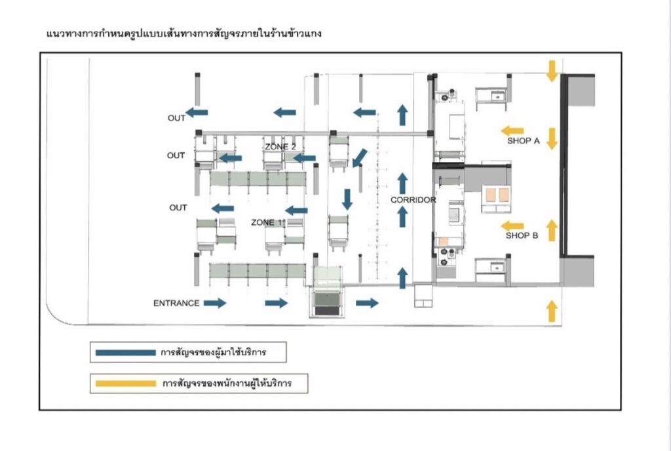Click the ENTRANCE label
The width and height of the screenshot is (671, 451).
176,304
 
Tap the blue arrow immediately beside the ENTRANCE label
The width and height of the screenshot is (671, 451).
215,303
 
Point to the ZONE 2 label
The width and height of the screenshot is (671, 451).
280,146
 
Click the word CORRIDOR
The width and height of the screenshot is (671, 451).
413,200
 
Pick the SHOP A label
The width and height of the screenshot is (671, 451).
524,141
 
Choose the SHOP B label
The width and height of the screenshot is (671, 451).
522,236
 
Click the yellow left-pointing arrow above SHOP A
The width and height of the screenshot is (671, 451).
512,130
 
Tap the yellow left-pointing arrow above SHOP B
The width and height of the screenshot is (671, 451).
512,226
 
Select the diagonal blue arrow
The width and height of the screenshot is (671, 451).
359,158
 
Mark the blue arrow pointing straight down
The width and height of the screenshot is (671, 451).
347,199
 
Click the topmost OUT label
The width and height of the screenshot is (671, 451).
176,119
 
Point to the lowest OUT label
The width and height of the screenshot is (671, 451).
178,208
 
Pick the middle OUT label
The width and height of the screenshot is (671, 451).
176,156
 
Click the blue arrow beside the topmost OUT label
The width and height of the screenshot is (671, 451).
197,113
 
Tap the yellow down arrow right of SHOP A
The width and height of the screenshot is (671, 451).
552,138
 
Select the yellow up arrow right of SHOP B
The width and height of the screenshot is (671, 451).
552,230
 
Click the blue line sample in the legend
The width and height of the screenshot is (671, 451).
125,353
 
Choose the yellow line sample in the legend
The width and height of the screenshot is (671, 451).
125,383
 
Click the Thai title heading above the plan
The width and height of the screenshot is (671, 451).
185,32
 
